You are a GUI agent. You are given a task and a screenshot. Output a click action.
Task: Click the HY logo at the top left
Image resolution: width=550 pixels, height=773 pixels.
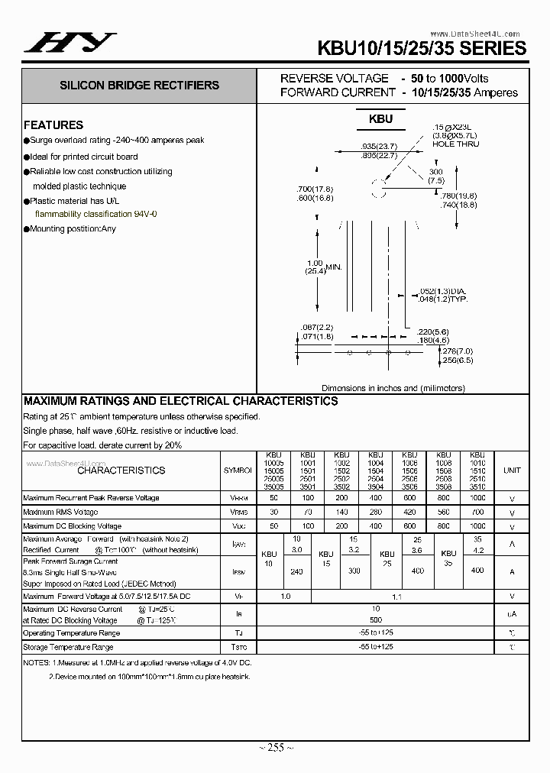[70, 44]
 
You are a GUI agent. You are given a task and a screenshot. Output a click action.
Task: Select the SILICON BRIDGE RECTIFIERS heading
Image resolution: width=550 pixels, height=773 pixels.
[140, 86]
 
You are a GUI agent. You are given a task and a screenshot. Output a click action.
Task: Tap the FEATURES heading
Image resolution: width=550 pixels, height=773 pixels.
[53, 125]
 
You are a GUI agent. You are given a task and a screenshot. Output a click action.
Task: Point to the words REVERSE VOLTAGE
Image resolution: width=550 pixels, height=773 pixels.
[334, 79]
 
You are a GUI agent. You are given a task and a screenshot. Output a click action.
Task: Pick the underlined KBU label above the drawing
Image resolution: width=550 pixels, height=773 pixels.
[380, 119]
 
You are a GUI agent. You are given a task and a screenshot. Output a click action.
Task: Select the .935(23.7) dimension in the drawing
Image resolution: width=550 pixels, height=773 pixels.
[378, 146]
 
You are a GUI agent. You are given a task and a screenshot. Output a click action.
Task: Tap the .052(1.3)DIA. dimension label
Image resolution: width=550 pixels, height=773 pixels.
[443, 292]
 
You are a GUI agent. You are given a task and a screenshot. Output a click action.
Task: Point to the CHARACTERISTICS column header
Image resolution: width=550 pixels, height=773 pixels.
[121, 471]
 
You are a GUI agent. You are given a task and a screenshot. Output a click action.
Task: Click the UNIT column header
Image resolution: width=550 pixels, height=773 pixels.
[511, 471]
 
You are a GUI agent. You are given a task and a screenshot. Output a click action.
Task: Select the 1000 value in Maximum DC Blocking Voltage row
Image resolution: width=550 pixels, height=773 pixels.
[477, 526]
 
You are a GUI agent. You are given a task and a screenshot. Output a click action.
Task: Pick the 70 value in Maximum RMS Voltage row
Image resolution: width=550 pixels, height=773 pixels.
[308, 512]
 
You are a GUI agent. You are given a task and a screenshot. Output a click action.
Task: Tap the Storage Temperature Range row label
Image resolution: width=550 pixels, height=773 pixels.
[72, 648]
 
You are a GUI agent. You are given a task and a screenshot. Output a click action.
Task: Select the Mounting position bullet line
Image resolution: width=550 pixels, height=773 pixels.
[73, 229]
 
